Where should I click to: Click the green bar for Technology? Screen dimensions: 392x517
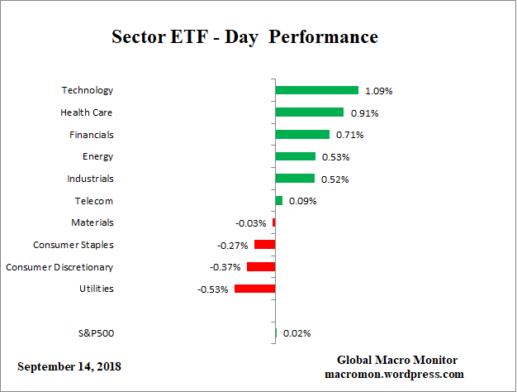[x=316, y=90]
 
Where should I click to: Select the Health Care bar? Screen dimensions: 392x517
[x=309, y=112]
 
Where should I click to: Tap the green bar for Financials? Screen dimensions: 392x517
[x=301, y=134]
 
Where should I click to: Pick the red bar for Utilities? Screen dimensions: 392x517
[x=254, y=289]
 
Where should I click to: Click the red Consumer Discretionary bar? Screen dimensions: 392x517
[x=261, y=267]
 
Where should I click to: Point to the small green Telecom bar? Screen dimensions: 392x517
[x=278, y=200]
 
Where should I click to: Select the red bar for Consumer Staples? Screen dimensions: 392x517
[x=264, y=245]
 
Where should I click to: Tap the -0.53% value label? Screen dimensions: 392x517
[x=213, y=289]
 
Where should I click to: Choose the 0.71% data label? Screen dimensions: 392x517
[x=348, y=134]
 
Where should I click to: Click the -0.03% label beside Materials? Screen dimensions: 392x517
[x=251, y=222]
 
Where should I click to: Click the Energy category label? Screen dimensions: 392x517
[x=97, y=156]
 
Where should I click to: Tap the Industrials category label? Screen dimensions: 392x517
[x=90, y=179]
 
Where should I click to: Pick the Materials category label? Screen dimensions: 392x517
[x=92, y=222]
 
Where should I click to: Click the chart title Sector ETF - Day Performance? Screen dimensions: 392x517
[x=244, y=37]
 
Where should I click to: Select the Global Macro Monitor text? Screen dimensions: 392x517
[x=396, y=360]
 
